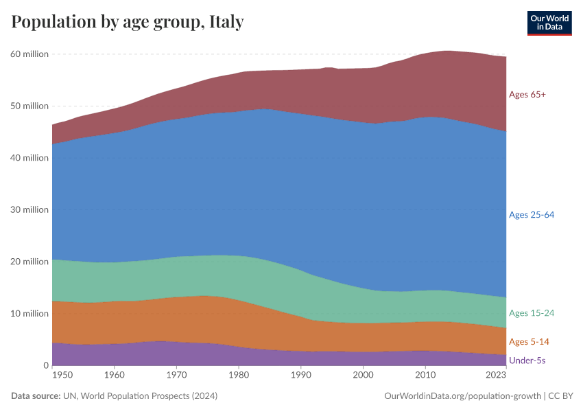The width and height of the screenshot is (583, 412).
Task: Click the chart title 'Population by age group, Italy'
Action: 127,22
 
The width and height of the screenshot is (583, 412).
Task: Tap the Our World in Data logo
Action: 549,23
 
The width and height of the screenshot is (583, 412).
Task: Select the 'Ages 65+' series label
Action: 527,95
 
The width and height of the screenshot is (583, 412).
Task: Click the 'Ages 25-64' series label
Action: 531,215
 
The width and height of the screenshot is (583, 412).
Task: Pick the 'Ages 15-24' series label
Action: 531,313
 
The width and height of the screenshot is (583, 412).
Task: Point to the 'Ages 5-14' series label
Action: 528,342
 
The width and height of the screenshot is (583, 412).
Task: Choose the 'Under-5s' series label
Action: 527,360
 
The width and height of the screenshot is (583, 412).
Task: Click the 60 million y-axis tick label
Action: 29,54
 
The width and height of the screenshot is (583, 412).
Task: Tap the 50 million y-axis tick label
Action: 29,106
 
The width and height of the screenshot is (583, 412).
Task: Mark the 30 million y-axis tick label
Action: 29,209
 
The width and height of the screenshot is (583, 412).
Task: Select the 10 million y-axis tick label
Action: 29,313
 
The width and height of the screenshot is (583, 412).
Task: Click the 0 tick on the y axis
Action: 45,365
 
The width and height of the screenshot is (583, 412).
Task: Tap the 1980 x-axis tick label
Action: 238,376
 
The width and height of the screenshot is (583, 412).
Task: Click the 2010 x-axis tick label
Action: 425,376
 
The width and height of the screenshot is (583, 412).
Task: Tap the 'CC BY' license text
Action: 561,396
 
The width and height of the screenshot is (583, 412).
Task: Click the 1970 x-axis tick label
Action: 176,376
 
